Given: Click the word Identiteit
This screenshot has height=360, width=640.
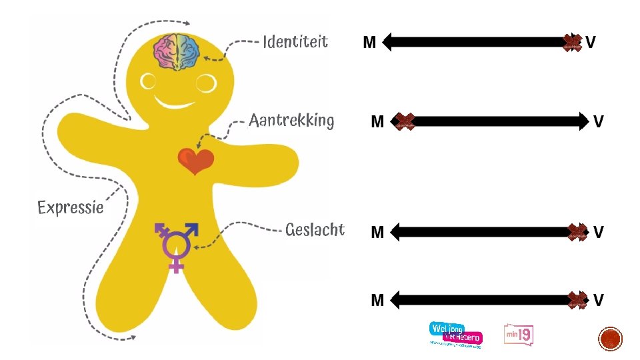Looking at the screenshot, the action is [295, 42].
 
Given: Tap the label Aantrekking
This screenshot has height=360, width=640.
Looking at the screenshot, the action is [291, 121].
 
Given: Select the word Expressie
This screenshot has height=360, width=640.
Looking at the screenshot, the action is [71, 207].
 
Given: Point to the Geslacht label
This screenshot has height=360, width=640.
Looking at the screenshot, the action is [315, 230].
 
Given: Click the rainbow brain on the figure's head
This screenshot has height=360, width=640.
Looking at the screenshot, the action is [177, 51].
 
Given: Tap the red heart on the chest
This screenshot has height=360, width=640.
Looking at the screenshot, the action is [195, 160].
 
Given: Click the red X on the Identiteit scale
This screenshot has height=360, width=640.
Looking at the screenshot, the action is [572, 43].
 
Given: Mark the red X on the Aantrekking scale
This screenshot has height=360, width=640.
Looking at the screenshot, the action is [403, 121].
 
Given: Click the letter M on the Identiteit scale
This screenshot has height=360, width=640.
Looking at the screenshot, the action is [369, 43].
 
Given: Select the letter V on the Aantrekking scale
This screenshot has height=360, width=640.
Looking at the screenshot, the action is [599, 121].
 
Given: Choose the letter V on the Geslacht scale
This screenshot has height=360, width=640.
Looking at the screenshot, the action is [599, 232].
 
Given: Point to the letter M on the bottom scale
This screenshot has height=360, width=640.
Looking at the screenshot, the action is [377, 301].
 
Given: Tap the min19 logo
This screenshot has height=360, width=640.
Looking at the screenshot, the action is [519, 335].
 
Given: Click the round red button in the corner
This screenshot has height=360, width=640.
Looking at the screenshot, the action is [610, 340].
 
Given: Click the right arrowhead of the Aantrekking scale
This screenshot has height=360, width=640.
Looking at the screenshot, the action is [583, 121].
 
